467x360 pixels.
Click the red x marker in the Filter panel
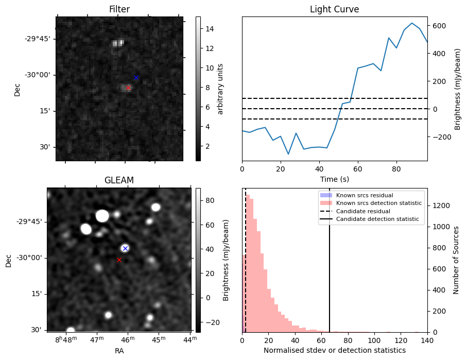128,88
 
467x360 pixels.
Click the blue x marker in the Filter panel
136,78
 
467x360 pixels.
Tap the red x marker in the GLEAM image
119,260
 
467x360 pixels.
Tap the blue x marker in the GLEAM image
125,248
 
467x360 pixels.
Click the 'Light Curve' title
334,9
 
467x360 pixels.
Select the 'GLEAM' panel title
119,180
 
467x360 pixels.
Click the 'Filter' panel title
119,9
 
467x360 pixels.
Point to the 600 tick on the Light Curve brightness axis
439,26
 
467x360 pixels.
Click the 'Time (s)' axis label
334,179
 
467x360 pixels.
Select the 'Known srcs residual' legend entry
364,195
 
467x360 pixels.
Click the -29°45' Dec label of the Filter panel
39,39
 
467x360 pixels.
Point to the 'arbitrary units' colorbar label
221,89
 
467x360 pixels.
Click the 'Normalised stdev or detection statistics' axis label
335,350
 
